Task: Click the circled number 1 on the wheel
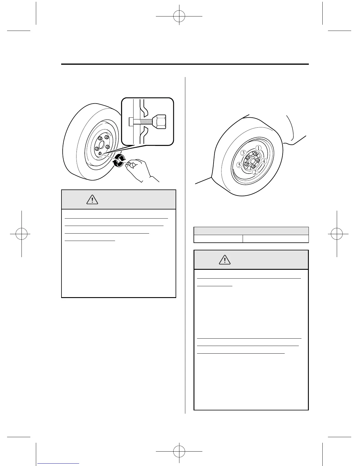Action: coord(258,148)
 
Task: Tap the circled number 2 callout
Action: coord(255,172)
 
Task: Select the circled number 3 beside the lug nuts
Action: coord(243,153)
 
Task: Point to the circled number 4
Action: coord(264,161)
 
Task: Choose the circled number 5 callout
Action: coord(240,165)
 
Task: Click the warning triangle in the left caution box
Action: coord(92,200)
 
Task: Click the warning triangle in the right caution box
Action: coord(225,260)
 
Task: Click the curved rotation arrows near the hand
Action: coord(120,160)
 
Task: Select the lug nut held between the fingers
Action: coord(129,164)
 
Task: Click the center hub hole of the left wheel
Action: coord(101,145)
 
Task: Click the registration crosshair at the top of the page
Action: coord(179,16)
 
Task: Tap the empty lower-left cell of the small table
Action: coord(218,239)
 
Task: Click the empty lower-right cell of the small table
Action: coord(276,239)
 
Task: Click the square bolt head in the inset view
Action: coord(131,122)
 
